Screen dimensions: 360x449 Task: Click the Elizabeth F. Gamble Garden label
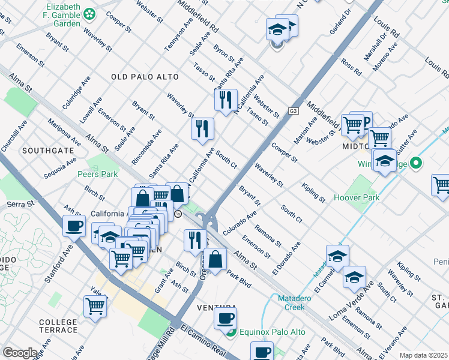53,16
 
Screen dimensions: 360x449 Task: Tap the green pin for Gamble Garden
89,13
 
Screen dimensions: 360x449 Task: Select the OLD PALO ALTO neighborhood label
145,77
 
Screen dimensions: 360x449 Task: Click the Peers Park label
97,175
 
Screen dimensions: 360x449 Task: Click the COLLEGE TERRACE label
58,326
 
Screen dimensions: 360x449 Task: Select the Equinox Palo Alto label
272,332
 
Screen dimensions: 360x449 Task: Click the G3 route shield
293,111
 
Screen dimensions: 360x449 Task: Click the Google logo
20,353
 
